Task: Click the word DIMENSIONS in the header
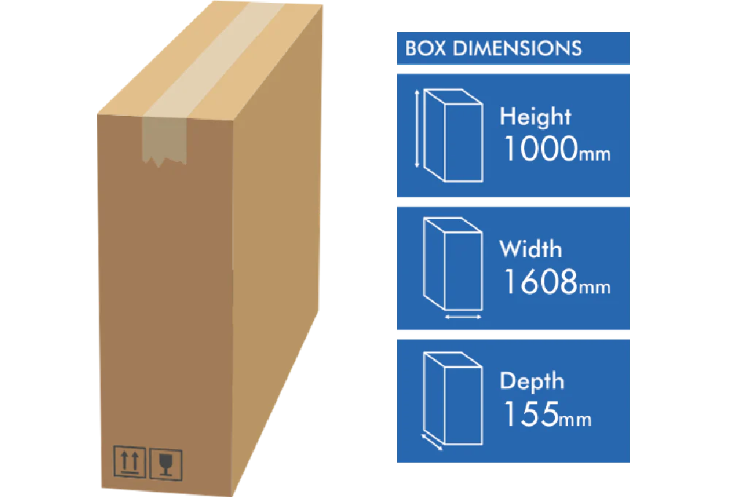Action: (x=518, y=49)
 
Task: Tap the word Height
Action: (x=535, y=117)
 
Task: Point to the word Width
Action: (x=531, y=249)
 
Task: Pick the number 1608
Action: (x=540, y=282)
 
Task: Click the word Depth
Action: (x=531, y=381)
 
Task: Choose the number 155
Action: (x=530, y=414)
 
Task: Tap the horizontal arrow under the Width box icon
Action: (x=463, y=317)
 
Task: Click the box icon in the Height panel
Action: (x=453, y=135)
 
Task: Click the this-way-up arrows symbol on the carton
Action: (x=129, y=462)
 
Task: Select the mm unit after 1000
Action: (x=595, y=154)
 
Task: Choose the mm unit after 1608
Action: (x=595, y=287)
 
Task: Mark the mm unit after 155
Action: (x=576, y=419)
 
